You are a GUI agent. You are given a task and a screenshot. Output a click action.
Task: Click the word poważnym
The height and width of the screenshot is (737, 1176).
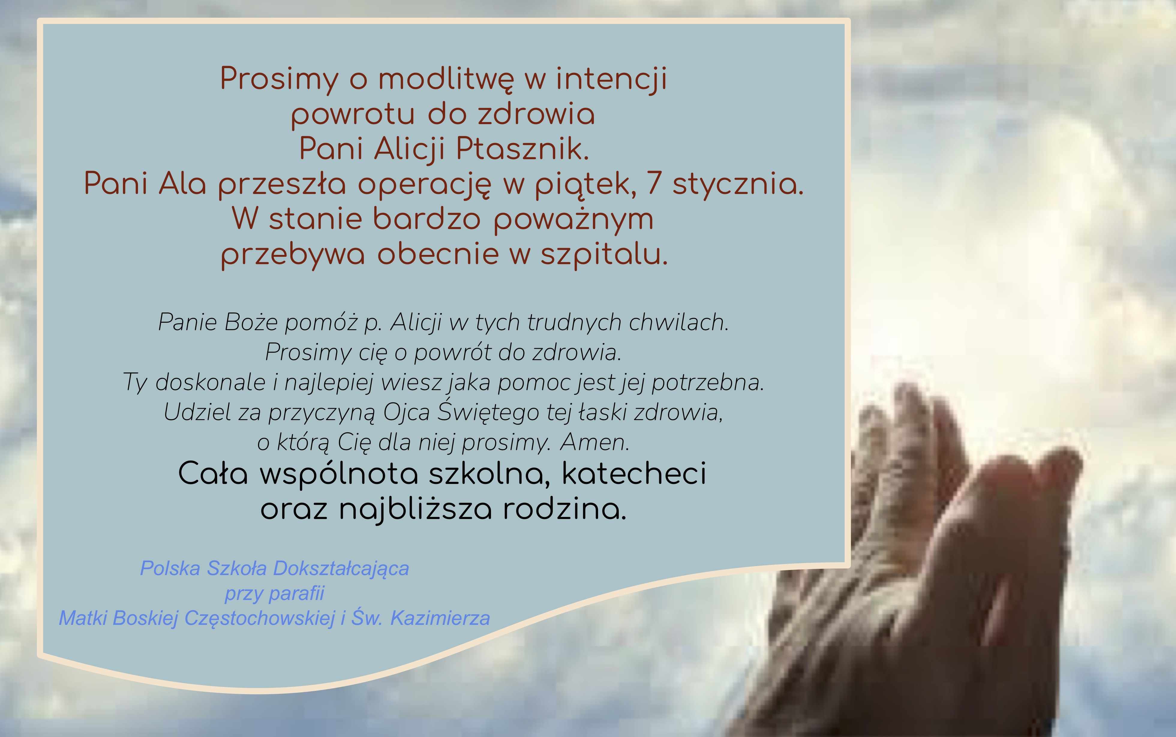coord(573,219)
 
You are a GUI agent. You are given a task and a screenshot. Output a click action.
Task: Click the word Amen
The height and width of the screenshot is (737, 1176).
coord(595,442)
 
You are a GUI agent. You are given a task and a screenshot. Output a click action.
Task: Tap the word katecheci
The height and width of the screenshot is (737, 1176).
coord(634,474)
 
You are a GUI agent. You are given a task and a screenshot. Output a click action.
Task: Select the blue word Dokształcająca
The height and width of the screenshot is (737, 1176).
coord(341,569)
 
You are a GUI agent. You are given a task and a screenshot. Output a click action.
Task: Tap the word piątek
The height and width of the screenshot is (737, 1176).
coord(585,185)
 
